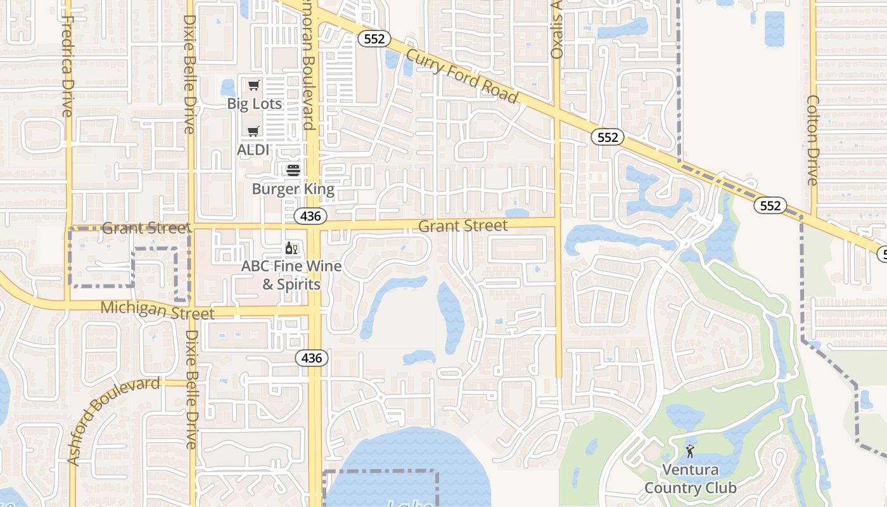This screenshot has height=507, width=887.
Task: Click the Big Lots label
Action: coord(255,103)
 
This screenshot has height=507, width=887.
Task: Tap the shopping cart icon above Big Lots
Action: coord(254,86)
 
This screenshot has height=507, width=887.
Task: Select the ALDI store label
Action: coord(253,150)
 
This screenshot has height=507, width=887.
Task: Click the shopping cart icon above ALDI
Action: coord(253,132)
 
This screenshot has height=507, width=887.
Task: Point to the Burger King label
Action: coord(293,189)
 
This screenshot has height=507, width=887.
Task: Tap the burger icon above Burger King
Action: coord(293,170)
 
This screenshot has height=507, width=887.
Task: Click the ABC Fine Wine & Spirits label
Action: coord(291,275)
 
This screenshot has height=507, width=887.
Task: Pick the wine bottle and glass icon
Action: coord(291,248)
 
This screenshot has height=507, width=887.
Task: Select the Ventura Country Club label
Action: coord(691,478)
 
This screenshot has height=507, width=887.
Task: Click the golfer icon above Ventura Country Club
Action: coord(690,451)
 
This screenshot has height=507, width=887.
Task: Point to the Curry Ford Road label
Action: coord(463,75)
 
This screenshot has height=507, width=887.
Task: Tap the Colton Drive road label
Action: coord(813,141)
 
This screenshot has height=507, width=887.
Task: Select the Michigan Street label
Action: coord(158,310)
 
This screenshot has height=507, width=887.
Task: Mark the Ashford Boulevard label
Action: coord(113,421)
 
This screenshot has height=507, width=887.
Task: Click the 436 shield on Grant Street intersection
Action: coord(310,216)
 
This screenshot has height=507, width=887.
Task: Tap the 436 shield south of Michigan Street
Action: coord(312,358)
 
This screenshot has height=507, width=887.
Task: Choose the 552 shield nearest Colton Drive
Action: coord(770,205)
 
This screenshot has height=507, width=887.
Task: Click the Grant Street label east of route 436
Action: coord(463,226)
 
